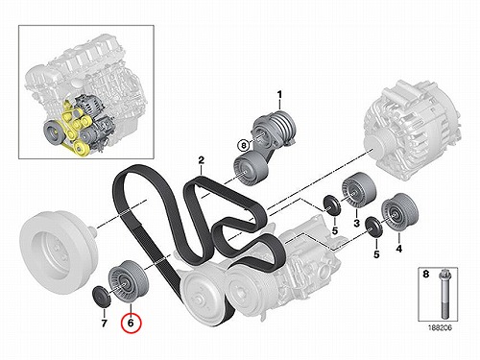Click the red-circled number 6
coord(131,323)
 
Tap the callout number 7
coord(104,324)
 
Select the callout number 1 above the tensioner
coord(280,94)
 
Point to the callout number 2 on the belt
coord(201,159)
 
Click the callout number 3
coord(356,223)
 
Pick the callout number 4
coord(398,249)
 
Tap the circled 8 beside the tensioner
coord(244,146)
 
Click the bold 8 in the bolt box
coord(426,275)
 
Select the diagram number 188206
coord(440,327)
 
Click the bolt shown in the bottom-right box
coord(445,294)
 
